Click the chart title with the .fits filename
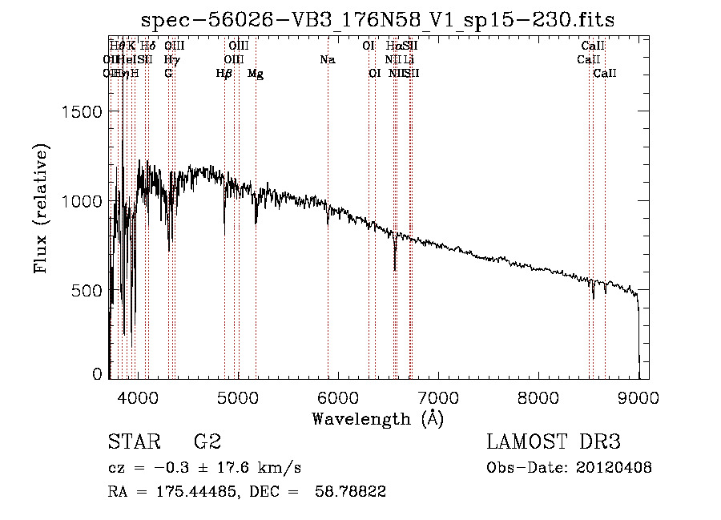(x=378, y=20)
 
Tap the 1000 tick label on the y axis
(x=84, y=201)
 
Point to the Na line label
(x=327, y=60)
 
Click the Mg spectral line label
(x=256, y=74)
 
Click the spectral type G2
(x=207, y=442)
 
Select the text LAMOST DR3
(x=554, y=442)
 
